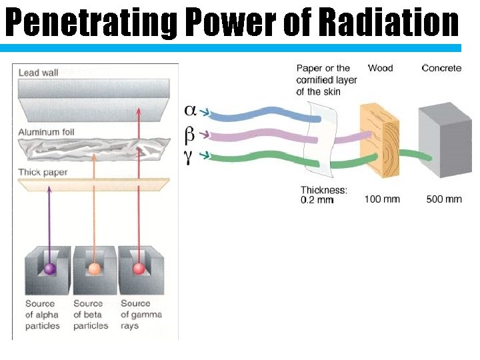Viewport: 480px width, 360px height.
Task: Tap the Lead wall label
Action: click(x=39, y=73)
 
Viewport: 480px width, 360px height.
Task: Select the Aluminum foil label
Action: click(x=46, y=132)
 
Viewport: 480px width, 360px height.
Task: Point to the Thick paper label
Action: click(x=43, y=173)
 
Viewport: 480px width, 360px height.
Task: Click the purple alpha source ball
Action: click(x=49, y=269)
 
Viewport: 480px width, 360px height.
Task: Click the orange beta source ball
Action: click(x=95, y=269)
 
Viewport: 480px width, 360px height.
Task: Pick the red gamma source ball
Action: click(x=139, y=269)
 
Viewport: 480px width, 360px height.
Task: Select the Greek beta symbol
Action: click(x=190, y=134)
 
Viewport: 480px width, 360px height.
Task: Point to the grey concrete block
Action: click(x=439, y=140)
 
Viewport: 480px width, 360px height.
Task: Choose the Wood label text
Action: click(x=380, y=68)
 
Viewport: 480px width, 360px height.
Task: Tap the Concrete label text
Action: click(x=441, y=68)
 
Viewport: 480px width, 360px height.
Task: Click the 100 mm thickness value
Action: click(x=382, y=199)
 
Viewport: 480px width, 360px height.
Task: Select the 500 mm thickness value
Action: click(x=444, y=199)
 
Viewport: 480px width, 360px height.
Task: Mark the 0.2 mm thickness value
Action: click(x=317, y=200)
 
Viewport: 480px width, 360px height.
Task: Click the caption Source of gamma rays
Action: click(x=141, y=315)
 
